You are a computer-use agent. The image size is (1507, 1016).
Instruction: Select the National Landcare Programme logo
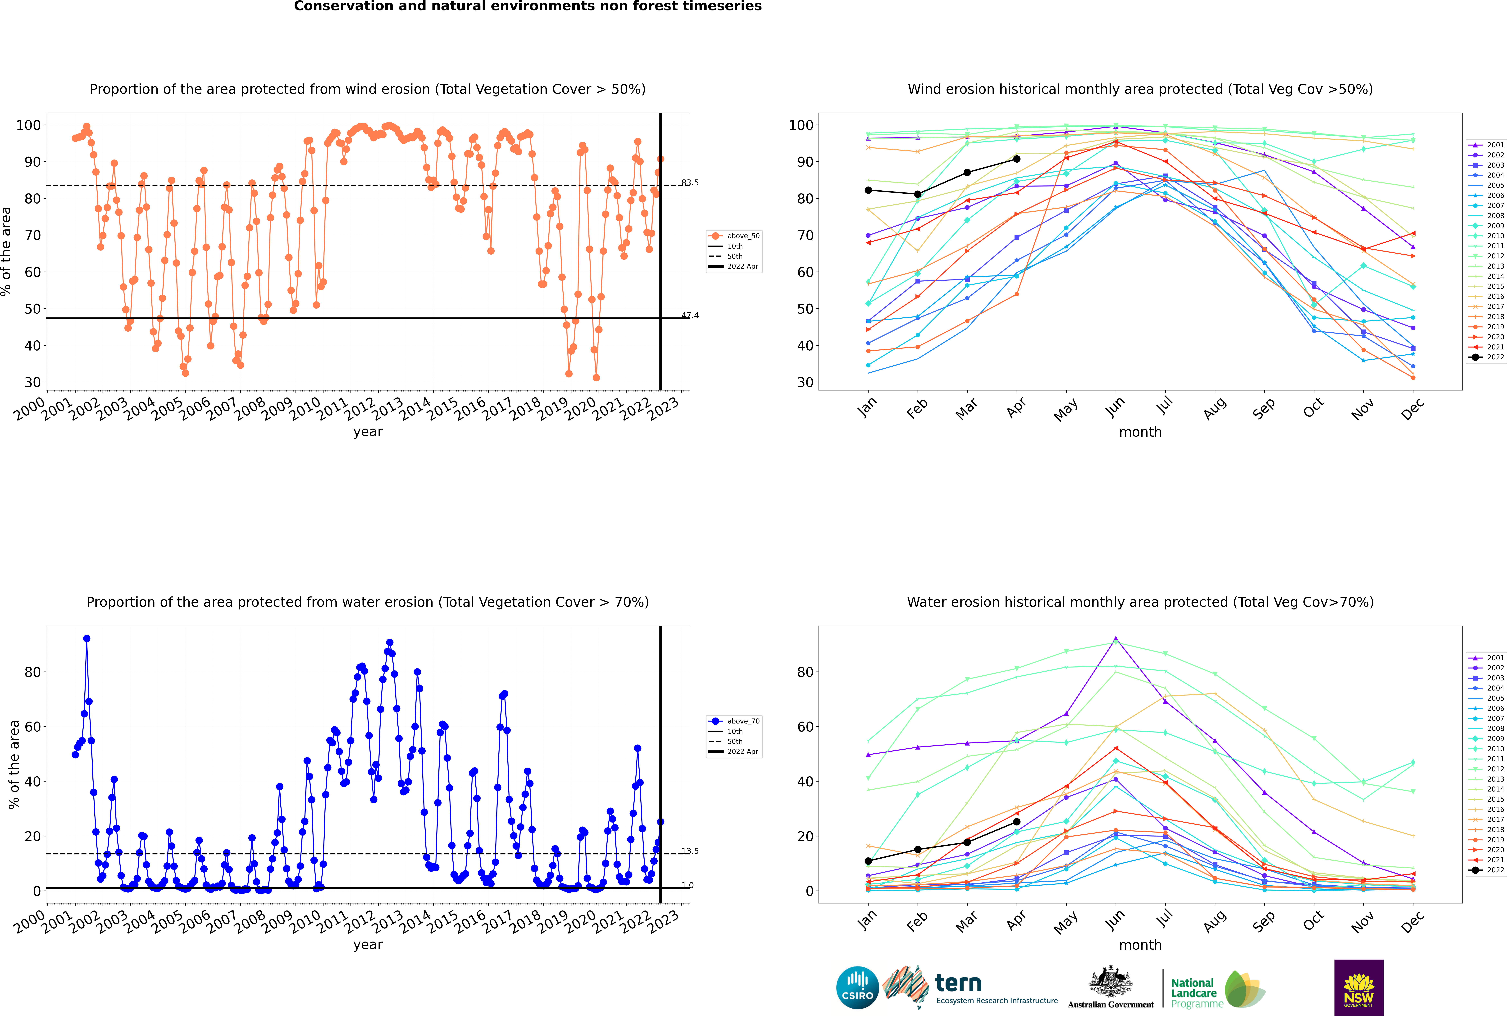(1217, 989)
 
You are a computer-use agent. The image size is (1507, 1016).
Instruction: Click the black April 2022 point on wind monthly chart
(1017, 159)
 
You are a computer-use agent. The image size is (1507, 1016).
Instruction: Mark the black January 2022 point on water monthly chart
(868, 861)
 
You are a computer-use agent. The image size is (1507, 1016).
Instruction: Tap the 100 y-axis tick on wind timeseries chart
(28, 125)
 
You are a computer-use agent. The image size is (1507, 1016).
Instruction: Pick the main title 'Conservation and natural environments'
(527, 6)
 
